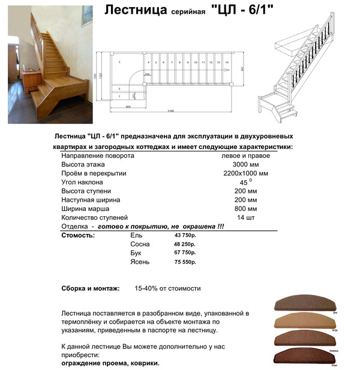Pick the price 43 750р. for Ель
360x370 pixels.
185,236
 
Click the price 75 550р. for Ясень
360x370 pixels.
185,262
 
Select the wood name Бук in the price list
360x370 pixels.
136,253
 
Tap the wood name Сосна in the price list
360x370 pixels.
140,245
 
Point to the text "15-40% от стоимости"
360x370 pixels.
167,288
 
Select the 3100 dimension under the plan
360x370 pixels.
171,112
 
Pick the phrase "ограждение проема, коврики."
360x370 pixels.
110,363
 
